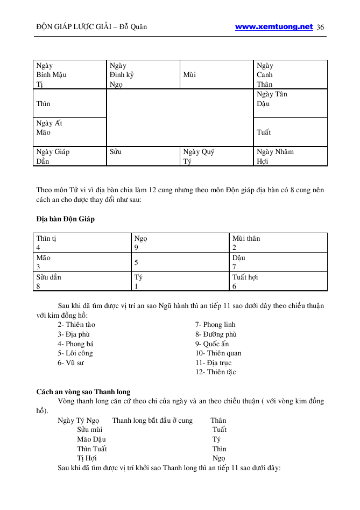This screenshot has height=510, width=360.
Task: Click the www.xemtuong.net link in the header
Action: (274, 26)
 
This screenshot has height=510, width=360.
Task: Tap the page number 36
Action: (321, 27)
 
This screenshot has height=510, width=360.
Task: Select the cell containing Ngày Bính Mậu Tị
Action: (69, 75)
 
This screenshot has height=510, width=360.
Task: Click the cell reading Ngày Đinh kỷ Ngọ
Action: (143, 75)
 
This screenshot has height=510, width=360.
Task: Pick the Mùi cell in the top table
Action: (216, 75)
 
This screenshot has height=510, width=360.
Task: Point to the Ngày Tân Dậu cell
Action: (290, 103)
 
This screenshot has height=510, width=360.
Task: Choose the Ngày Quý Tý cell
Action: (216, 156)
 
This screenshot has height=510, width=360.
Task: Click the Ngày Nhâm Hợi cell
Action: (290, 156)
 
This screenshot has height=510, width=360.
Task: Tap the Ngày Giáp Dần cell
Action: (69, 156)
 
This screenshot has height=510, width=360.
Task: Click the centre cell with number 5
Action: (180, 262)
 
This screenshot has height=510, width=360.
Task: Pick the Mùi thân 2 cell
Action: (278, 243)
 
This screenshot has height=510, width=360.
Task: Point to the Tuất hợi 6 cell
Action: (278, 282)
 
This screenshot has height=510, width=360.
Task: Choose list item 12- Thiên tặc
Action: (215, 372)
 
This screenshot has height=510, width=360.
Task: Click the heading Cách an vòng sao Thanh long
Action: (83, 392)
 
